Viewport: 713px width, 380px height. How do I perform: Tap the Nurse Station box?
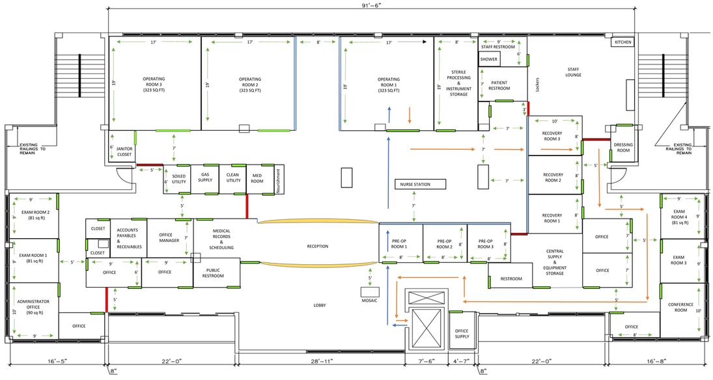coord(421,185)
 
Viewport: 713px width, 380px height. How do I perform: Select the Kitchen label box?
coord(622,42)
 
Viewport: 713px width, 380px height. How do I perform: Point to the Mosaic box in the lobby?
coord(370,292)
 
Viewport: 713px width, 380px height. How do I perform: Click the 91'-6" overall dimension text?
coord(372,5)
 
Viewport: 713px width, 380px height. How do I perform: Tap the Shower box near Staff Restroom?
coord(489,60)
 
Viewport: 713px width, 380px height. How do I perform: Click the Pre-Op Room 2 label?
coord(444,244)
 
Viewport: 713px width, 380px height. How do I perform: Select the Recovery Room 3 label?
coord(552,136)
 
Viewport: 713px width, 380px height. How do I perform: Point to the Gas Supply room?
coord(205,179)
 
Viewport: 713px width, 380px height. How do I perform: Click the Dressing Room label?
coord(623,147)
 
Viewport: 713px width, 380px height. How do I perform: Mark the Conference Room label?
coord(680,307)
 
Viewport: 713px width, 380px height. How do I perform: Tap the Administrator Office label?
coord(34,307)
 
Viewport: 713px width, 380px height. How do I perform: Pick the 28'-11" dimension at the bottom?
coord(320,361)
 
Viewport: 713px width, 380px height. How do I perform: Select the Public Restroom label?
coord(213,273)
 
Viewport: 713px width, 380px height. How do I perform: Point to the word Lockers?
coord(537,85)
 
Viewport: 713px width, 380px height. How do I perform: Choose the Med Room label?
coord(257,178)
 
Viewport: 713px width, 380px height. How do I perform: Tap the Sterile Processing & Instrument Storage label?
coord(459,83)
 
